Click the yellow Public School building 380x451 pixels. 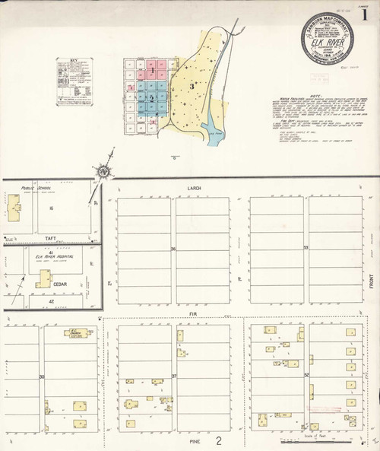[x=15, y=206]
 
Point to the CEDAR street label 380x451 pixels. [x=59, y=284]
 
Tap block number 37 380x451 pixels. [x=174, y=376]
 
